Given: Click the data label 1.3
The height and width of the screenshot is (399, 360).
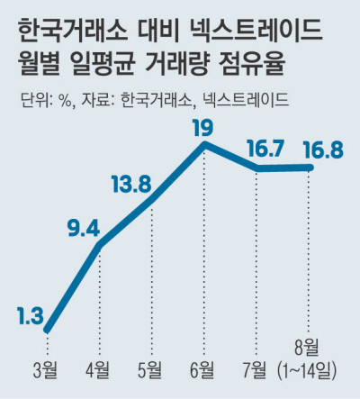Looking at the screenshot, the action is (x=31, y=316).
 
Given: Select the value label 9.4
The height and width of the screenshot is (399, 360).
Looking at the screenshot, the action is (x=84, y=229).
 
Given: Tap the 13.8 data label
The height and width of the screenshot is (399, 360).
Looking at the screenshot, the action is (x=131, y=184).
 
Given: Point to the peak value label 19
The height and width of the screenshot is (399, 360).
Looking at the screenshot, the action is (x=203, y=128).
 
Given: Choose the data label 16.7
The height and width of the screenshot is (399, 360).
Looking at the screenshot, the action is (x=265, y=149).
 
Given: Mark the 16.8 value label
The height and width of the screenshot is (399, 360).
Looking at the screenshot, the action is (x=323, y=150).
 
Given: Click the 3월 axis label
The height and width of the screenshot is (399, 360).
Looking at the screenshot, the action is (x=46, y=370).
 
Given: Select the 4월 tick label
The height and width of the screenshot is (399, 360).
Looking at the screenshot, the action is (x=98, y=370).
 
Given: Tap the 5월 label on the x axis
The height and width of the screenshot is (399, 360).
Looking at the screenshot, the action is (x=150, y=370).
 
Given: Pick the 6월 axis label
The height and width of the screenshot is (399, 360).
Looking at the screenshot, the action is (x=202, y=370).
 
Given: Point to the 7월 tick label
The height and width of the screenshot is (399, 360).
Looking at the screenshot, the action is (x=255, y=370).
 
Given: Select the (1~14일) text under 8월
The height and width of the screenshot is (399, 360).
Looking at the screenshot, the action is (x=307, y=370).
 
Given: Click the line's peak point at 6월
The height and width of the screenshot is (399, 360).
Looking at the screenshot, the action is (x=205, y=144).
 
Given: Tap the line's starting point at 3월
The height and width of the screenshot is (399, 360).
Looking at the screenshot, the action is (x=47, y=330).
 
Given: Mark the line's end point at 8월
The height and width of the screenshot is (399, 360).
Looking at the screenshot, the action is (x=310, y=168).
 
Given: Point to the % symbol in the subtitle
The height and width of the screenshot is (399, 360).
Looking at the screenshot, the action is (x=66, y=99).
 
